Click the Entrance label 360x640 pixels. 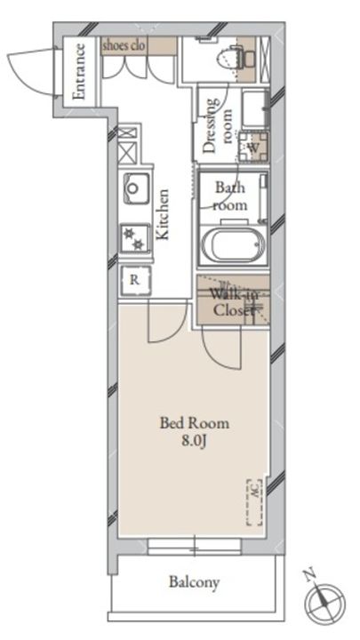tap(79, 71)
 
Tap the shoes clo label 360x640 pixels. tap(124, 45)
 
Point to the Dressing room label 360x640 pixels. tap(218, 125)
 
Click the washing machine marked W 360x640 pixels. tap(253, 147)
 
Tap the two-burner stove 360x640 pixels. tap(135, 239)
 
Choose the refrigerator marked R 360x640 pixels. tap(135, 281)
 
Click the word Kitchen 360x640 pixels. tap(163, 214)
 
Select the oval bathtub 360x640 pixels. tap(233, 245)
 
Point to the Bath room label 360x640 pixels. tap(230, 196)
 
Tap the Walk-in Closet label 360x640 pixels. tap(234, 302)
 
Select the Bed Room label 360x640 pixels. tap(195, 423)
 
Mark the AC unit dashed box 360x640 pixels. tap(255, 502)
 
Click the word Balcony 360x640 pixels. tap(195, 582)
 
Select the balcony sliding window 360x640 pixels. tap(195, 546)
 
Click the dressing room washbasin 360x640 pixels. tap(255, 109)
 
